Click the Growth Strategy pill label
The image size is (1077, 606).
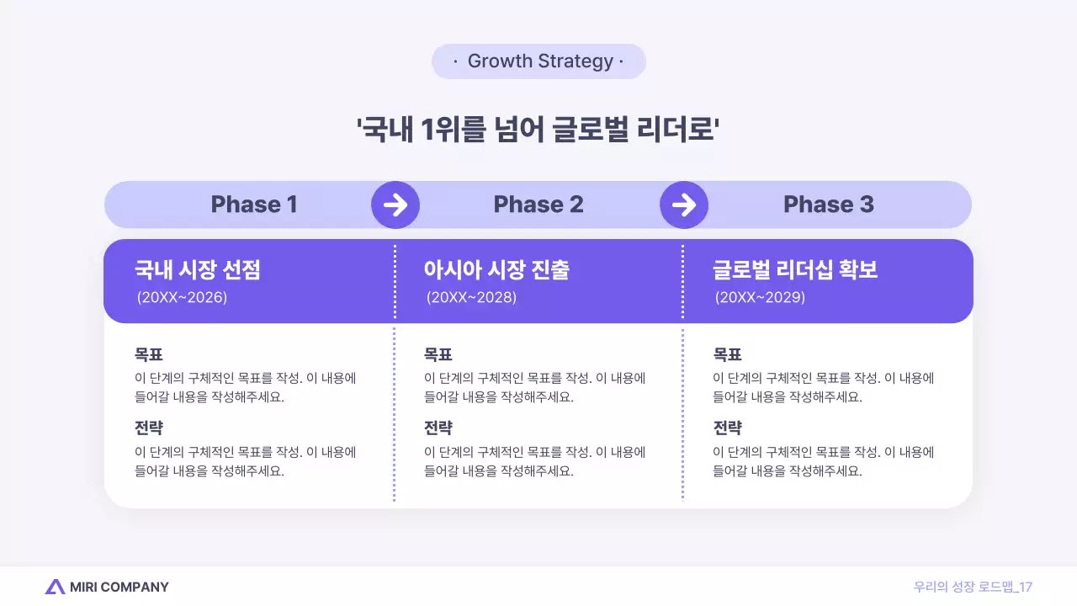pos(538,61)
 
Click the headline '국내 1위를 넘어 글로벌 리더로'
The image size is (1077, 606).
pos(538,130)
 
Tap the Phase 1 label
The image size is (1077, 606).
pos(253,205)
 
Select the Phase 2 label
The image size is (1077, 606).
pos(538,205)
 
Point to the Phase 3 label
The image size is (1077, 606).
pos(828,205)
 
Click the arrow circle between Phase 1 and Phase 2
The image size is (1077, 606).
pos(395,205)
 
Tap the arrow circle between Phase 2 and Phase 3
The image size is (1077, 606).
pos(684,205)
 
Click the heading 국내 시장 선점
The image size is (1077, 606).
pos(198,270)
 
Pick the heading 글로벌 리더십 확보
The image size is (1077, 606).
pos(795,270)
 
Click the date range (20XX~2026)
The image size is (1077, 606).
pos(182,297)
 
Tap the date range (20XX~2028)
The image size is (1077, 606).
pos(471,297)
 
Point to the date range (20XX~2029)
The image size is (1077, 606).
pos(760,297)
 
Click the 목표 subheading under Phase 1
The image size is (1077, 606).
pos(149,354)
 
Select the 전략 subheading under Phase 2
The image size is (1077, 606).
pos(438,428)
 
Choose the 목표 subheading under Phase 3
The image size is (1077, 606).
pos(727,354)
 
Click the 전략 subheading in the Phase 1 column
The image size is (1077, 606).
pos(149,428)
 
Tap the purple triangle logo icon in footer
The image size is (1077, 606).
pos(55,587)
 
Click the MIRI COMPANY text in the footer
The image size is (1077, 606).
pos(119,587)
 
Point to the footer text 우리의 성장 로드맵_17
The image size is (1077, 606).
pos(973,587)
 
